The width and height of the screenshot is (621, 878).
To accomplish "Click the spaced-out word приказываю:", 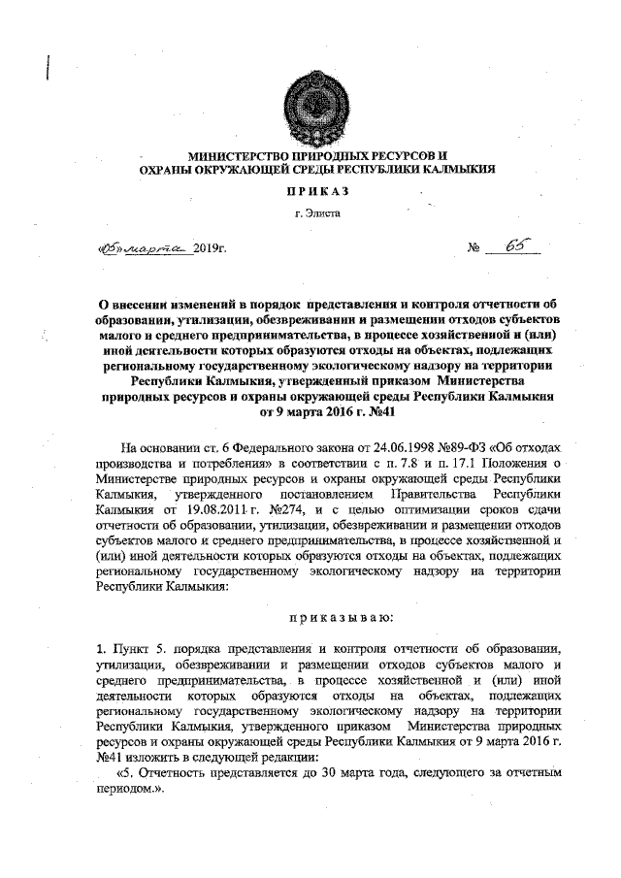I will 310,619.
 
